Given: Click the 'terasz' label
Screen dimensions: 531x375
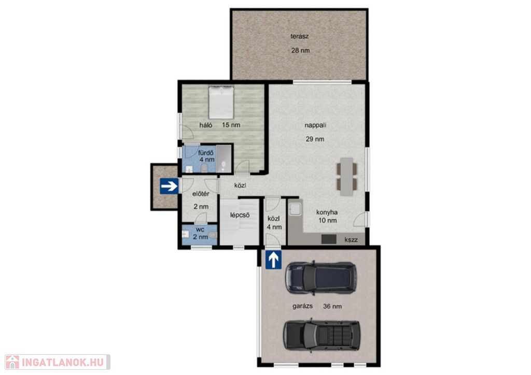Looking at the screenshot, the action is pyautogui.click(x=299, y=36).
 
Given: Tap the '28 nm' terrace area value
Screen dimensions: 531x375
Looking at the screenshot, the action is pyautogui.click(x=300, y=50).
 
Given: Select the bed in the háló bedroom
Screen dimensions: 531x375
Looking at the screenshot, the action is pyautogui.click(x=221, y=103).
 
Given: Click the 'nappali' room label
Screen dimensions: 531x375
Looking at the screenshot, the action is pyautogui.click(x=315, y=125).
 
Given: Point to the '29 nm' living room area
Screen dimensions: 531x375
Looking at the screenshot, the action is pyautogui.click(x=315, y=139).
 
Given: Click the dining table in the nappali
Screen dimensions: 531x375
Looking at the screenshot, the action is pyautogui.click(x=347, y=177).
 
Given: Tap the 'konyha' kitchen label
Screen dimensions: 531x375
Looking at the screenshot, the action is pyautogui.click(x=327, y=212).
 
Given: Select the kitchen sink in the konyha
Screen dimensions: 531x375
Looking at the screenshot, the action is pyautogui.click(x=295, y=209).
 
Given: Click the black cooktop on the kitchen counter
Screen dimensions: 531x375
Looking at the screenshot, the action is pyautogui.click(x=329, y=239).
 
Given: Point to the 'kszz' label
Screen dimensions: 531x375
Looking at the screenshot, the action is pyautogui.click(x=351, y=240).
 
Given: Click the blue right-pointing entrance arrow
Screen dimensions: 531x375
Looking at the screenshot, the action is pyautogui.click(x=169, y=185).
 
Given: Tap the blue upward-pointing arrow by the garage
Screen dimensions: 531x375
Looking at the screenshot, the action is pyautogui.click(x=273, y=259).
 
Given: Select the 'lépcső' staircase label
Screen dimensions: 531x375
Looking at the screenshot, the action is pyautogui.click(x=240, y=215).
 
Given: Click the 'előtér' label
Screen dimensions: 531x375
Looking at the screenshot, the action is pyautogui.click(x=201, y=194).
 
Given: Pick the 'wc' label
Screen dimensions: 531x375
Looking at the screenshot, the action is pyautogui.click(x=200, y=230).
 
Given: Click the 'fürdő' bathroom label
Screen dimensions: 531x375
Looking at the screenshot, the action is pyautogui.click(x=206, y=152).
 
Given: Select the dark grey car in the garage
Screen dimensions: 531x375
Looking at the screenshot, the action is pyautogui.click(x=322, y=335).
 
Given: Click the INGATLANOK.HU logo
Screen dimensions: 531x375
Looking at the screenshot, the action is pyautogui.click(x=57, y=362).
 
